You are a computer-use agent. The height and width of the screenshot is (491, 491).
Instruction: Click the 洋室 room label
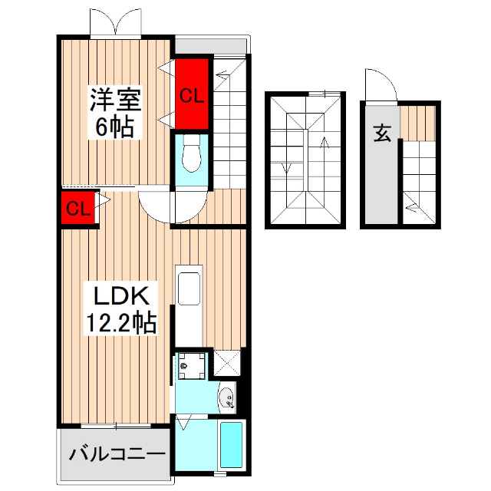coord(115,100)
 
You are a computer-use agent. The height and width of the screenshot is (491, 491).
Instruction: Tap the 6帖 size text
coord(115,126)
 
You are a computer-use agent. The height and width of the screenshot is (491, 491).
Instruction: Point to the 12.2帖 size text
coord(120,322)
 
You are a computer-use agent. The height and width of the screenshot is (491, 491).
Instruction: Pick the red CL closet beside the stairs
coord(192,95)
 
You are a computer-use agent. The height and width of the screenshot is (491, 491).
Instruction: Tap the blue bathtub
coord(231,446)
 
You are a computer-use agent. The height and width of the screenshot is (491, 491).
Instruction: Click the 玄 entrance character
coord(383,133)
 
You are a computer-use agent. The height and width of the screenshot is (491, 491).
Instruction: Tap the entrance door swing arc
coord(382,86)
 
